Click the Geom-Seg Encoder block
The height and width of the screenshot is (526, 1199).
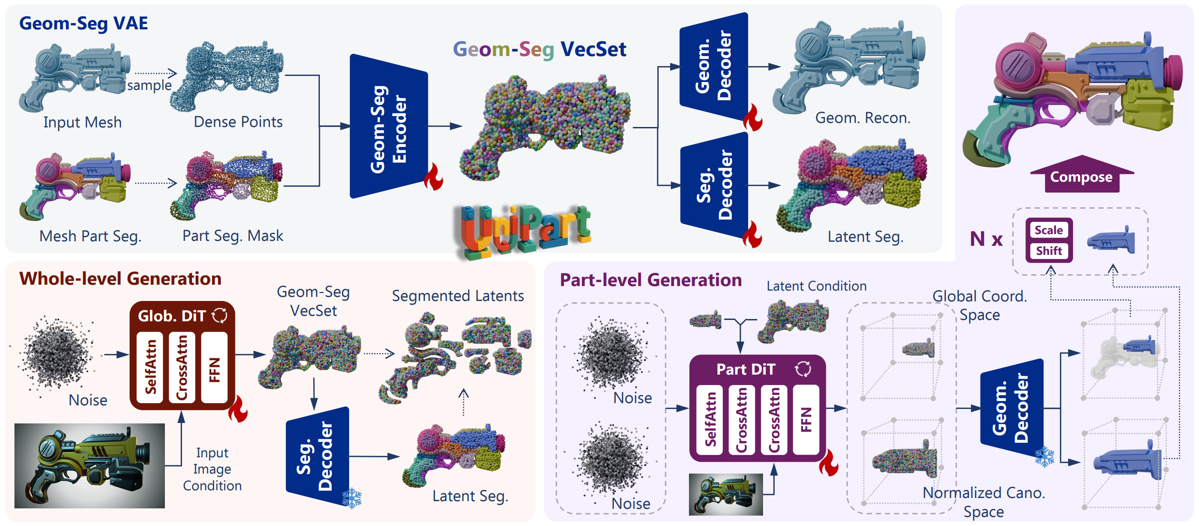[388, 126]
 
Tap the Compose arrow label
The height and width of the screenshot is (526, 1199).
[1081, 176]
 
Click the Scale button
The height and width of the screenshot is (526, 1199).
[1049, 230]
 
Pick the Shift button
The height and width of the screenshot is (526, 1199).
[1049, 251]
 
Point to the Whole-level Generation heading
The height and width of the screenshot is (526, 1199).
[120, 278]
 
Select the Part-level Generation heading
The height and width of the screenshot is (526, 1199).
[650, 280]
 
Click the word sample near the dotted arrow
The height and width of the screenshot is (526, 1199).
[149, 85]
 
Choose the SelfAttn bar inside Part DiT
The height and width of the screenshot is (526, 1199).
[709, 419]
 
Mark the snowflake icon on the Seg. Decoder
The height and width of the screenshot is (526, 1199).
[352, 498]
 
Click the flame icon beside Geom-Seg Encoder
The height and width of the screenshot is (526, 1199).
[433, 177]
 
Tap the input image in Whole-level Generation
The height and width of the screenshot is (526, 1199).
[89, 465]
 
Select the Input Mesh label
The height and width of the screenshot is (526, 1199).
[82, 122]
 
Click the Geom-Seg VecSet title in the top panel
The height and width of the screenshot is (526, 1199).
[539, 49]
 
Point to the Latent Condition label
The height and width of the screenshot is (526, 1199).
[816, 286]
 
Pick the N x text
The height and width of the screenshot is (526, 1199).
[985, 239]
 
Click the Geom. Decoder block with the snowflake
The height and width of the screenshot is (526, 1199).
[1011, 408]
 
